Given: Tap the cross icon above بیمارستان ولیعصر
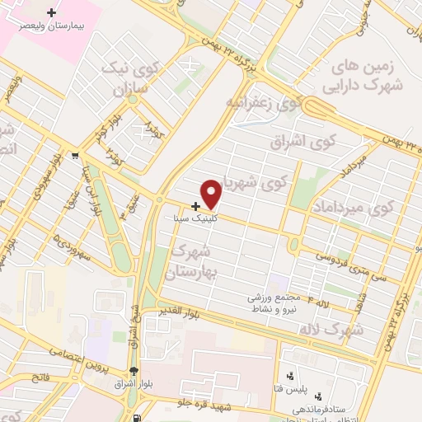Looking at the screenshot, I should pos(54,12).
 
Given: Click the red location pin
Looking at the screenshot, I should pos(212,195).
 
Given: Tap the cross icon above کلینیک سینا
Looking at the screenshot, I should pos(195,206).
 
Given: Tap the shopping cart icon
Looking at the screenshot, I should pos(76,154).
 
